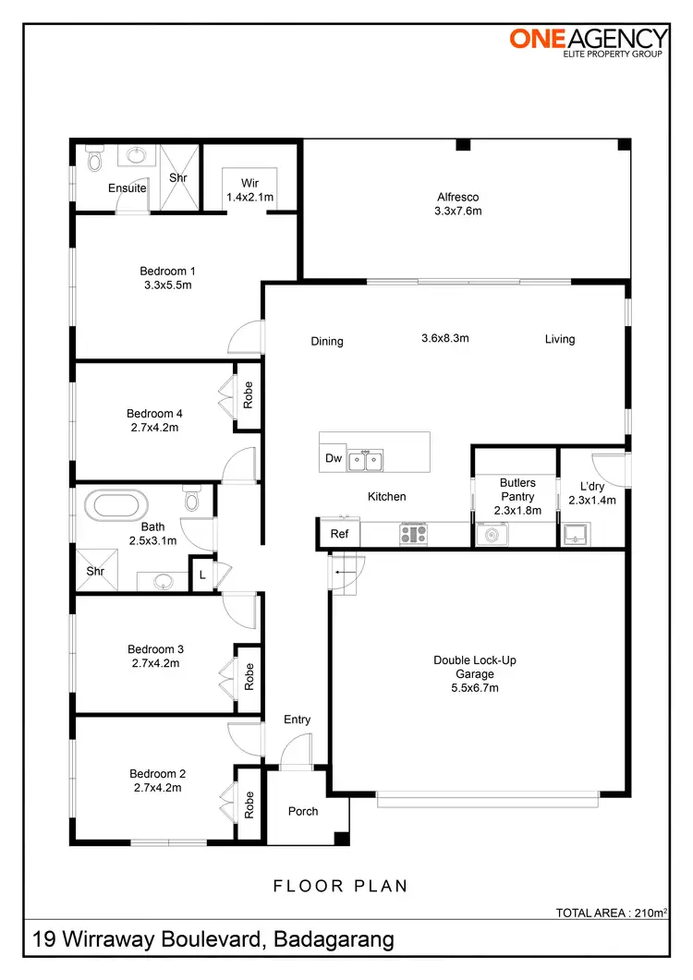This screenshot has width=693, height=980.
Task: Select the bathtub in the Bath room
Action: click(x=115, y=506)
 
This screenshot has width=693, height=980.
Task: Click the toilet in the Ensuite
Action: click(x=92, y=161)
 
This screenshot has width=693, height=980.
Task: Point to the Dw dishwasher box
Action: click(x=333, y=458)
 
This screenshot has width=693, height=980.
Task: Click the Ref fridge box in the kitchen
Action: click(x=339, y=534)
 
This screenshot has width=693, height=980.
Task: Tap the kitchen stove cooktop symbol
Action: click(x=412, y=533)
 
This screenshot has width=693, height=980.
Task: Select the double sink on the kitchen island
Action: click(x=367, y=459)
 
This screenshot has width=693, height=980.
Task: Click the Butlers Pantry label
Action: click(x=517, y=490)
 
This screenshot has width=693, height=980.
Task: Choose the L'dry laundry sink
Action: click(x=577, y=533)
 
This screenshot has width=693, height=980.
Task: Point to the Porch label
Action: click(x=303, y=811)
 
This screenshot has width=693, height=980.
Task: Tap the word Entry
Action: click(x=298, y=720)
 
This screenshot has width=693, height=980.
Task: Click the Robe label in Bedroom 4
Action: click(x=248, y=395)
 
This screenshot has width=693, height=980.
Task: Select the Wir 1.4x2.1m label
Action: click(x=250, y=190)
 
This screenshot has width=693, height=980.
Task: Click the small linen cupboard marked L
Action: click(x=201, y=575)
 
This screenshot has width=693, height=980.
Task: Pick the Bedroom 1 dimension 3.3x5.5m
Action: click(x=167, y=285)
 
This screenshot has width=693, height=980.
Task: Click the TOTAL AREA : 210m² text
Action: click(x=611, y=913)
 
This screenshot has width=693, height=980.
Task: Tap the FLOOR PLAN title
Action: click(x=340, y=886)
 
